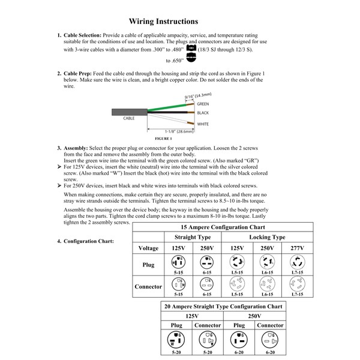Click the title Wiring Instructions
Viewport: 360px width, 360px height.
(163, 22)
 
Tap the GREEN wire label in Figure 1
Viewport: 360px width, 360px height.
(203, 104)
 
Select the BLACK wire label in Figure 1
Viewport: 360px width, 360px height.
(202, 113)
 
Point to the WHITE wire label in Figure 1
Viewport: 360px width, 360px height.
(203, 124)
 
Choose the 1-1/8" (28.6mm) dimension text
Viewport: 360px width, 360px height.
(179, 131)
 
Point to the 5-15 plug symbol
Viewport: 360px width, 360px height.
(178, 262)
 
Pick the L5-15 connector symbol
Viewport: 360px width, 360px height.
(237, 284)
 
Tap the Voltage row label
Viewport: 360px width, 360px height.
(148, 248)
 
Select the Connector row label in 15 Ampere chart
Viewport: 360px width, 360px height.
(148, 287)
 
